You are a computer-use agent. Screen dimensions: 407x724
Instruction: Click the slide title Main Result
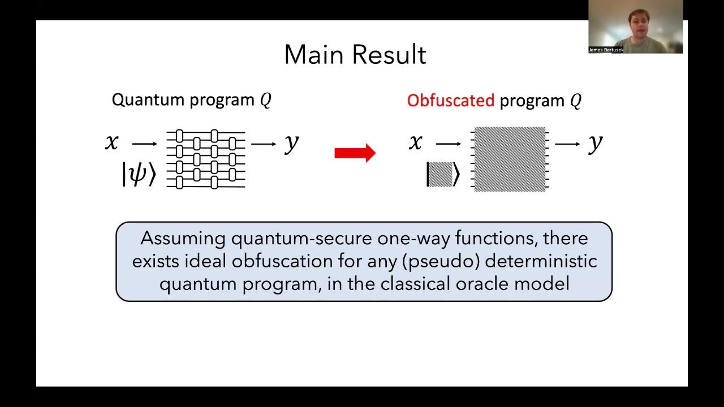click(355, 55)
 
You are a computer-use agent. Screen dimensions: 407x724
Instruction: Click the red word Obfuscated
click(450, 101)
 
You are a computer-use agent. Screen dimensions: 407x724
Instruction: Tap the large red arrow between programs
click(355, 153)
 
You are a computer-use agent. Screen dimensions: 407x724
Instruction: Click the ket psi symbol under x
click(138, 174)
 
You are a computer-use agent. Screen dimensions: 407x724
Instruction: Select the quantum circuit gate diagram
click(206, 159)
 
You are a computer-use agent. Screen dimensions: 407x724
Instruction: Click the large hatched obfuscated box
click(510, 159)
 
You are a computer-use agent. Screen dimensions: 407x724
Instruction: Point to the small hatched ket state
click(443, 174)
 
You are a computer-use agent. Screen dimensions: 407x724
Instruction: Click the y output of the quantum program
click(291, 144)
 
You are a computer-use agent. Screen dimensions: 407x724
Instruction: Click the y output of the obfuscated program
click(595, 144)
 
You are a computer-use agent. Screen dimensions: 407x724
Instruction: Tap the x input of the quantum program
click(112, 142)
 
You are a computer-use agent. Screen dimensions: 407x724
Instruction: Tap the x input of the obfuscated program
click(416, 142)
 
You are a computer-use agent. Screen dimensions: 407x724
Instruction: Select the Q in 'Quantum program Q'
click(265, 101)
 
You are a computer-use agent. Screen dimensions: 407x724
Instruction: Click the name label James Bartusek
click(606, 50)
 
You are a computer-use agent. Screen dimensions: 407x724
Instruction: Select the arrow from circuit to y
click(264, 144)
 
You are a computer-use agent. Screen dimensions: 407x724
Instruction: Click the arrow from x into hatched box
click(449, 144)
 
